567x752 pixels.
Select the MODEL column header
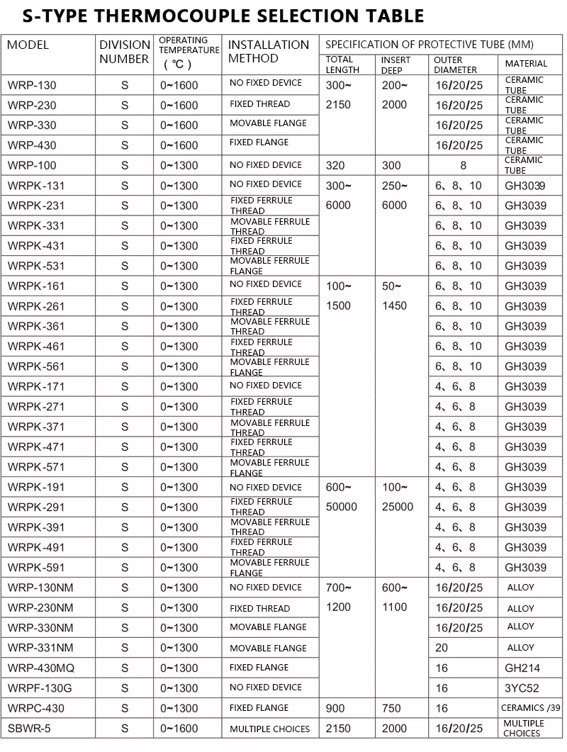pos(28,45)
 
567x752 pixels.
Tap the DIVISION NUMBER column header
pos(125,52)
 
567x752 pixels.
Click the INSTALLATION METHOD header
pos(269,52)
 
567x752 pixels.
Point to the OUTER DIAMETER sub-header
pos(456,64)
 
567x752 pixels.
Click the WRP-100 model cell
pos(32,165)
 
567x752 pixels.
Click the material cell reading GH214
pos(522,668)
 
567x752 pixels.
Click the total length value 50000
pos(342,507)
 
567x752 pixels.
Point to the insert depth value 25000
pos(397,507)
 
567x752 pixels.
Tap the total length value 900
pos(335,708)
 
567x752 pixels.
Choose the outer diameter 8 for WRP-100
pos(463,165)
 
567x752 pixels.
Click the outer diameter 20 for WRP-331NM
pos(442,648)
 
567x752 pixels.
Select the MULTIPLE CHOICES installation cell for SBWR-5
pos(269,729)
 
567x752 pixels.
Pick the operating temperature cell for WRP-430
pos(179,145)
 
